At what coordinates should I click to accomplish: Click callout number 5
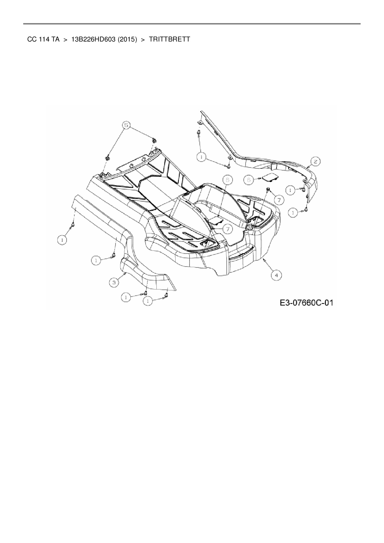coord(126,125)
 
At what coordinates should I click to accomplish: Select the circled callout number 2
coord(315,161)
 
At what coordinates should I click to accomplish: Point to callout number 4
coord(277,275)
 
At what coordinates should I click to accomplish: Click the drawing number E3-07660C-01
coord(306,302)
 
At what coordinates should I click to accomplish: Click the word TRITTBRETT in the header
coord(169,40)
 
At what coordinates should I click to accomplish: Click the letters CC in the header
coord(32,40)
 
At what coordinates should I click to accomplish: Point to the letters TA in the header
coord(56,40)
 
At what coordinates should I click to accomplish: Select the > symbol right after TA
coord(65,40)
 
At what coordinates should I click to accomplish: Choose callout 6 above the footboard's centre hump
coord(228,180)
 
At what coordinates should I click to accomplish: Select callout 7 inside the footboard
coord(228,229)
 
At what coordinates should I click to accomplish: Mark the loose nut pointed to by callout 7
coord(268,189)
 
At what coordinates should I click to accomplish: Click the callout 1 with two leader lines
coord(202,157)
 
